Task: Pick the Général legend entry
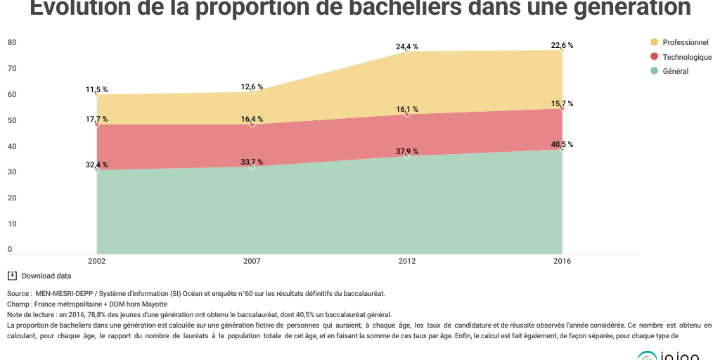(x=675, y=71)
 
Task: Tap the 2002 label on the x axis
(x=97, y=261)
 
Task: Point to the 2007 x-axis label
(x=252, y=261)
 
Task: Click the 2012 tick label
(x=407, y=261)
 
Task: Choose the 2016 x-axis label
(x=562, y=261)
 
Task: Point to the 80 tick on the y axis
(x=12, y=42)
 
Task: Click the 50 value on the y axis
(x=12, y=120)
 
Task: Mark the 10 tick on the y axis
(x=12, y=224)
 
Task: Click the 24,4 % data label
(x=407, y=46)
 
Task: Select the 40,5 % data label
(x=562, y=144)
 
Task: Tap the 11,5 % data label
(x=97, y=89)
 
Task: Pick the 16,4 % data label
(x=252, y=119)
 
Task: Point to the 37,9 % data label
(x=407, y=150)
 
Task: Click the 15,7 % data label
(x=562, y=103)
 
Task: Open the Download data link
(x=46, y=276)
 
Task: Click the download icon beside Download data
(x=12, y=276)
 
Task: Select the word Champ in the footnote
(x=18, y=304)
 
